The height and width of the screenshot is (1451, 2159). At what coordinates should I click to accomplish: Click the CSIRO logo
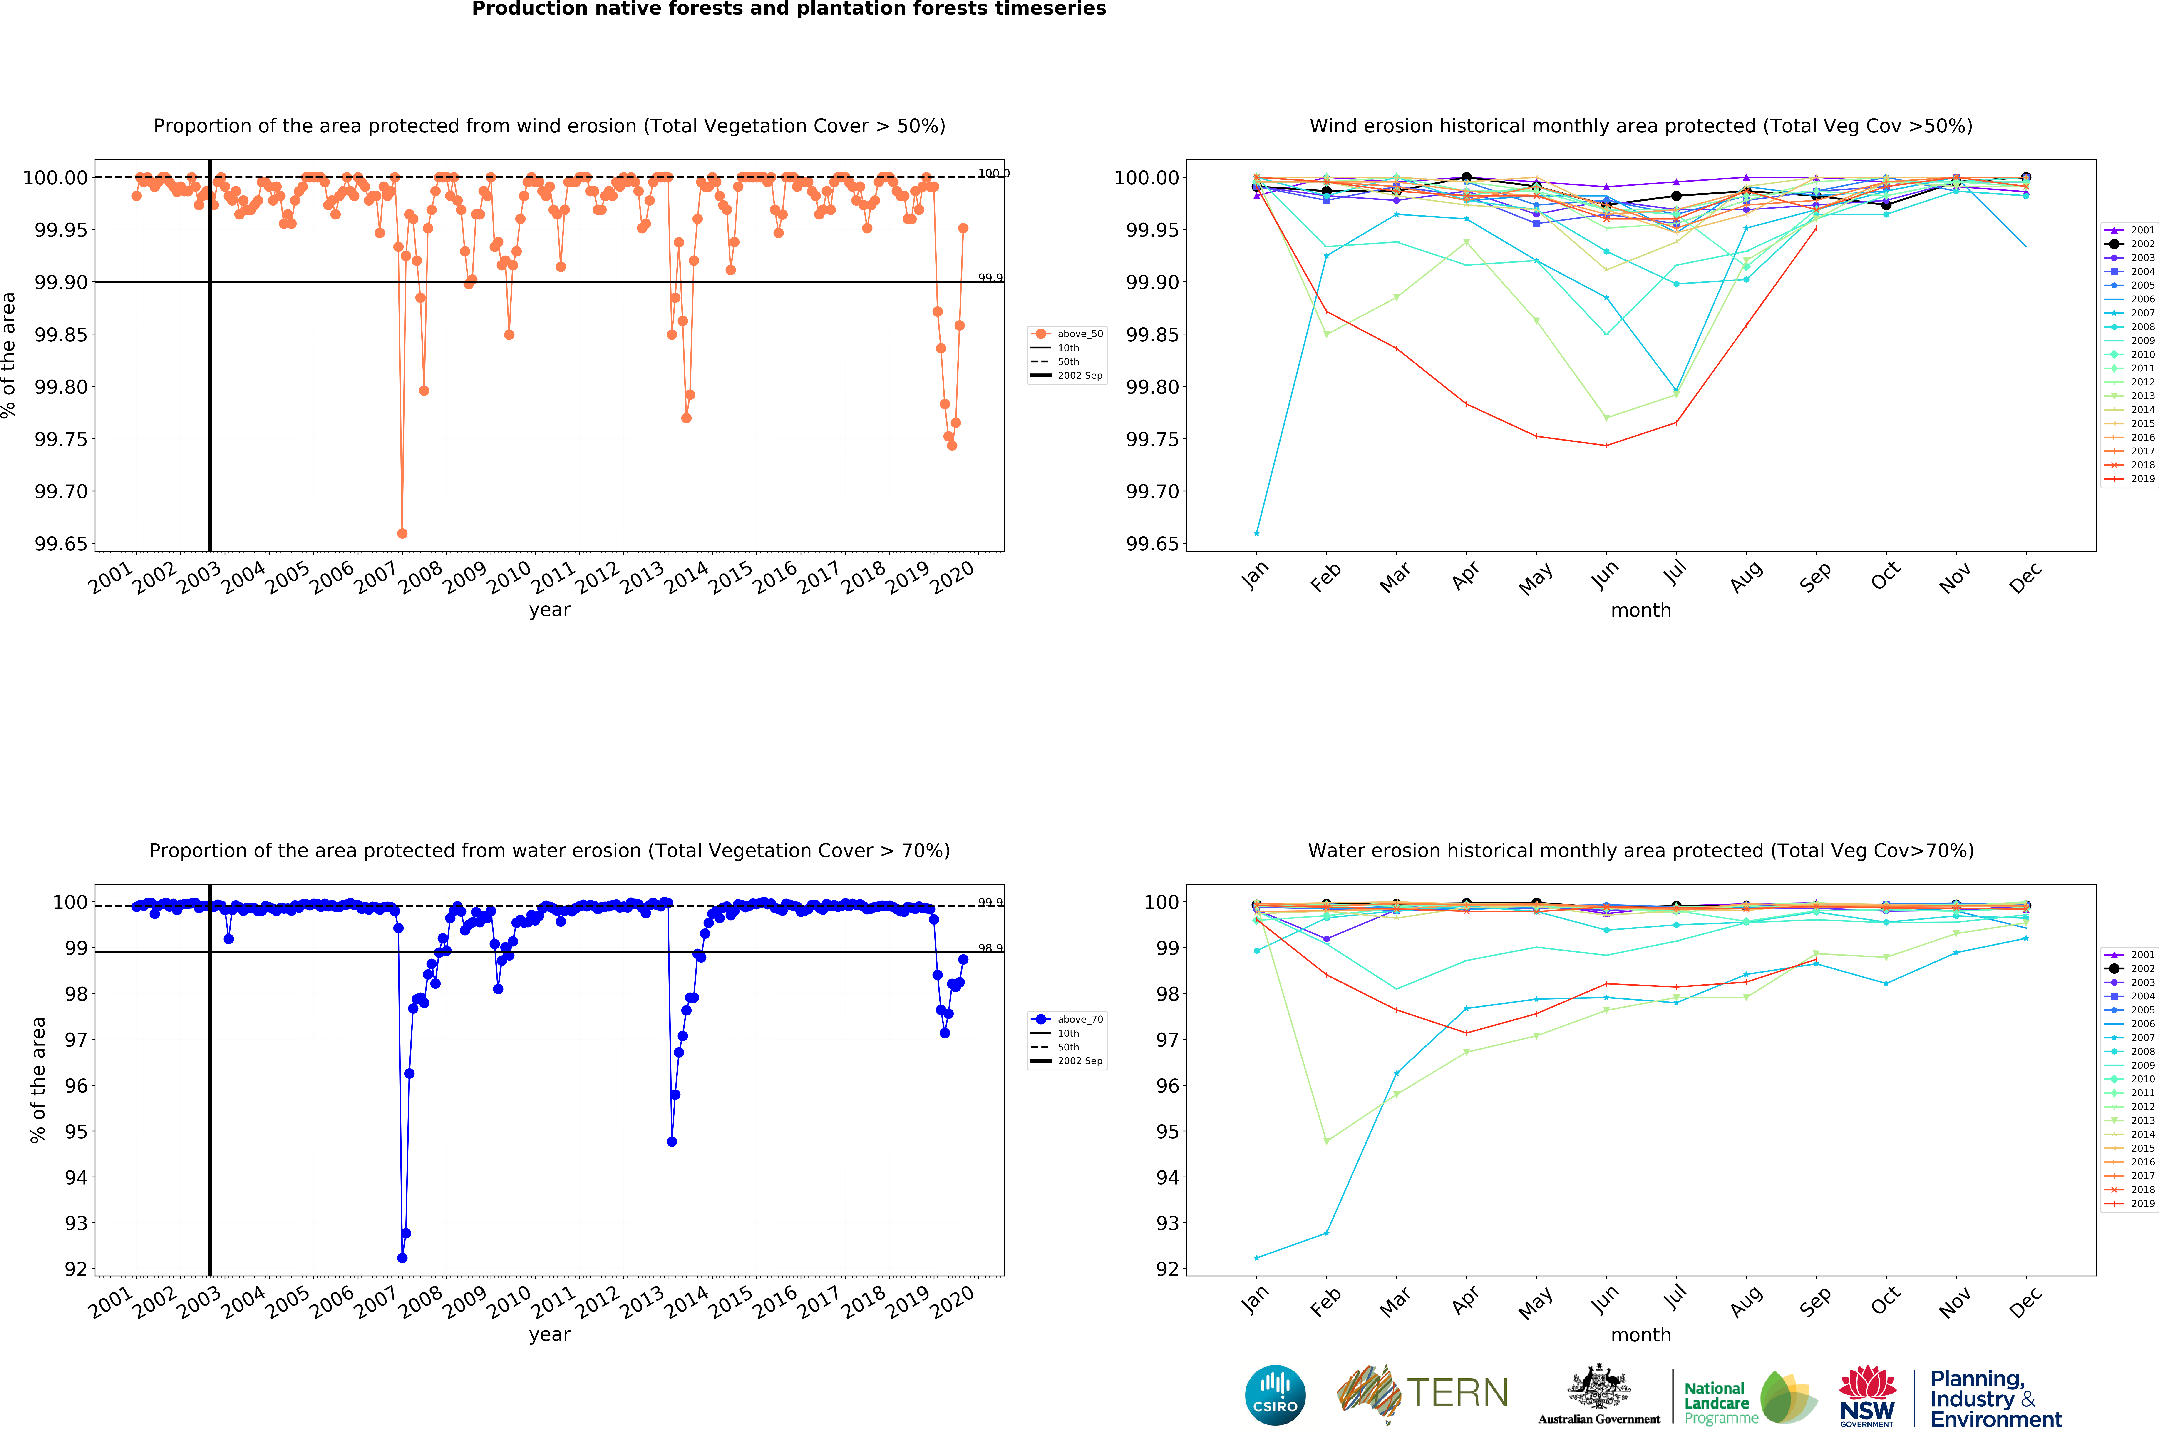click(x=1275, y=1395)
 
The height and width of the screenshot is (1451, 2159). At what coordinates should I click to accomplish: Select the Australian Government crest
click(x=1598, y=1388)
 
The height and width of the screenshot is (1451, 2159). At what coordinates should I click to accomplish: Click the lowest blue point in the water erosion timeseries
click(x=402, y=1258)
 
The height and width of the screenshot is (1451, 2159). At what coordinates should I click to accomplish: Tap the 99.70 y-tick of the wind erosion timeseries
click(x=61, y=491)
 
